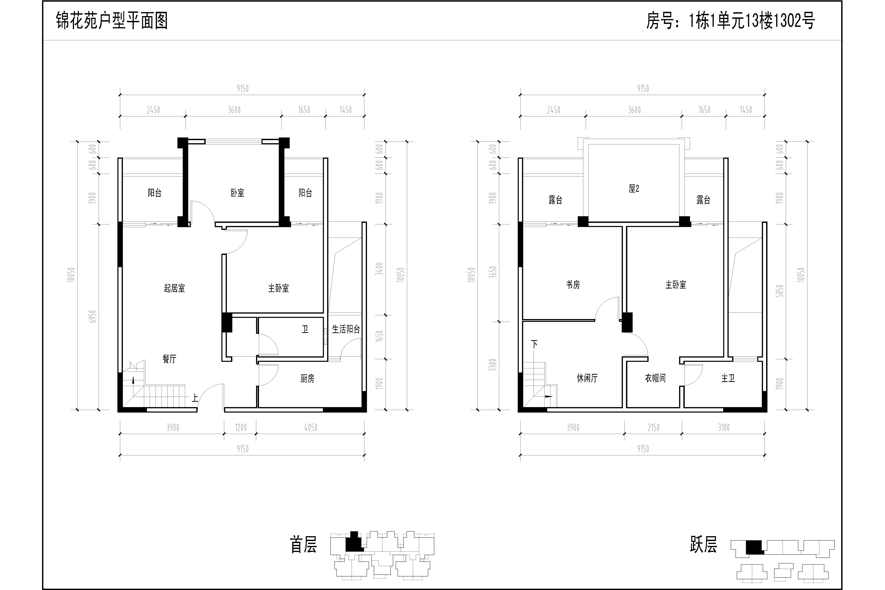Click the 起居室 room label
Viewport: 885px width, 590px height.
click(175, 288)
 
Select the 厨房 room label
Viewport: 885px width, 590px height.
click(307, 378)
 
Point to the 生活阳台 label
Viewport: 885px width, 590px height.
click(346, 329)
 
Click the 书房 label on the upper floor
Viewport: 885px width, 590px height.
click(573, 285)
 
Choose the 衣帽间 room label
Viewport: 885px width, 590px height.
click(655, 378)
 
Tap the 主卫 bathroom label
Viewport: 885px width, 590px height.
click(728, 378)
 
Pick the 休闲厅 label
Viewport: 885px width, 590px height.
click(587, 378)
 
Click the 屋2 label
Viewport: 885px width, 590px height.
click(634, 189)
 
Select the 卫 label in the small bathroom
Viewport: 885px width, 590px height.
click(305, 330)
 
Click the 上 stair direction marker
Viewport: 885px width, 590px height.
click(195, 398)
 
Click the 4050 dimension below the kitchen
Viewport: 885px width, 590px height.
click(311, 427)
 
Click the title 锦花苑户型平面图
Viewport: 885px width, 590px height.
click(112, 21)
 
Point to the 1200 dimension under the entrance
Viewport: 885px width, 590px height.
click(241, 427)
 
